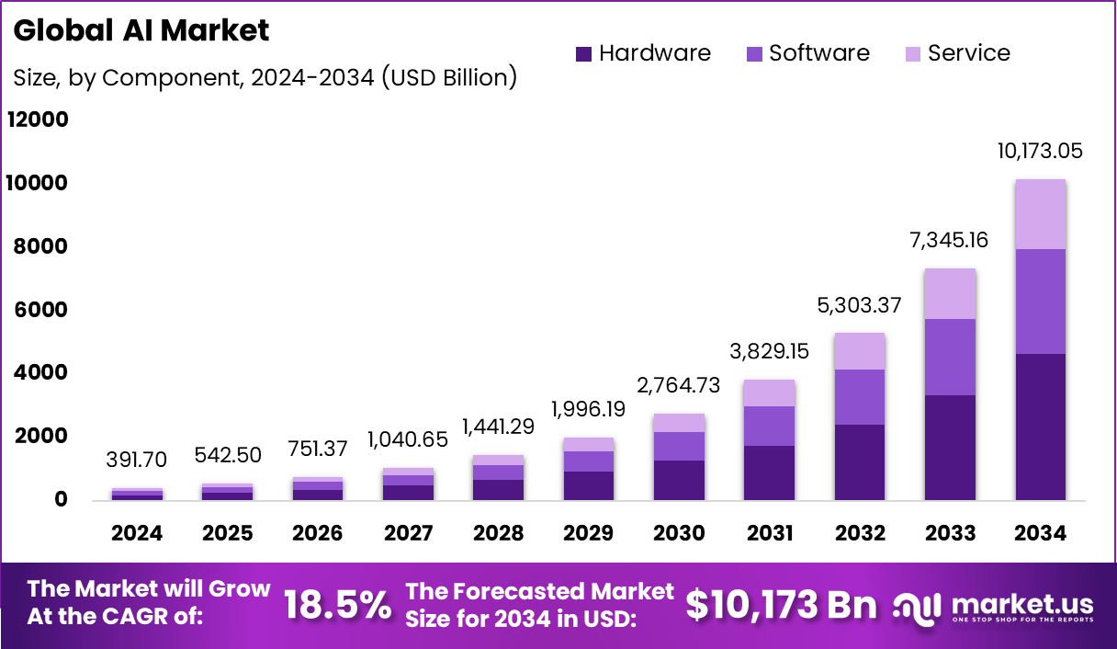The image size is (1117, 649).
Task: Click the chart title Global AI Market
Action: [x=141, y=30]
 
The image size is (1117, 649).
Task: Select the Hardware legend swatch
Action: [x=584, y=54]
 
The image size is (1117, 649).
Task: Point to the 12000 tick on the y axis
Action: [x=38, y=120]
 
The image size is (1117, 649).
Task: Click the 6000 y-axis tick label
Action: [x=38, y=310]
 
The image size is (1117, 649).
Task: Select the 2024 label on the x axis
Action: [x=137, y=533]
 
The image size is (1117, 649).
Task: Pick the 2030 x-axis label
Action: [x=680, y=533]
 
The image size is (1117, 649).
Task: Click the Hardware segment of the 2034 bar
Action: [x=1040, y=427]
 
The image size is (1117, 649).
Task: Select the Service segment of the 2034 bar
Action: [x=1040, y=214]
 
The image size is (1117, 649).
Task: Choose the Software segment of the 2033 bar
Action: [x=950, y=357]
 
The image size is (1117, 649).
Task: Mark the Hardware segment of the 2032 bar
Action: [x=860, y=461]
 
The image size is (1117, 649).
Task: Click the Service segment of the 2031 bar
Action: [x=770, y=393]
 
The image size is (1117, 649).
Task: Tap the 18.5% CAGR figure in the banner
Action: [x=336, y=605]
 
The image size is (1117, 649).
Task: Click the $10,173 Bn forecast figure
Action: [x=781, y=605]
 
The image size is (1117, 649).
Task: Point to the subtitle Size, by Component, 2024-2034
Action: [x=265, y=77]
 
